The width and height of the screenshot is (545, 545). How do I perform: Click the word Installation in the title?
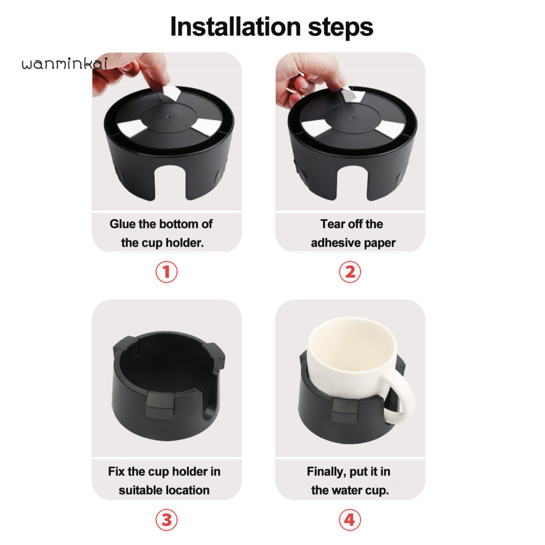click(x=235, y=27)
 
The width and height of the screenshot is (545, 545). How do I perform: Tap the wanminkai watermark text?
click(x=64, y=63)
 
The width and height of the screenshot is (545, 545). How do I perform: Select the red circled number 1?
click(x=167, y=272)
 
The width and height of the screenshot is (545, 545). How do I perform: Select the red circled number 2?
click(x=350, y=272)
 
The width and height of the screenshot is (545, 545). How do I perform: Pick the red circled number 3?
click(x=167, y=520)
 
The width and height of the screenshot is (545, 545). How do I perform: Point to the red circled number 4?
click(x=350, y=520)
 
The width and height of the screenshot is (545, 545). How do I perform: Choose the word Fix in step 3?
click(x=117, y=472)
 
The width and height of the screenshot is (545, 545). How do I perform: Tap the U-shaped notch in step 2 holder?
click(x=352, y=184)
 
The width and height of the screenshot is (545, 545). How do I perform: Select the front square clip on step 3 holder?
click(x=160, y=405)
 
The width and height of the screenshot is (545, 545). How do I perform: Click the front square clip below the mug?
click(x=345, y=410)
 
